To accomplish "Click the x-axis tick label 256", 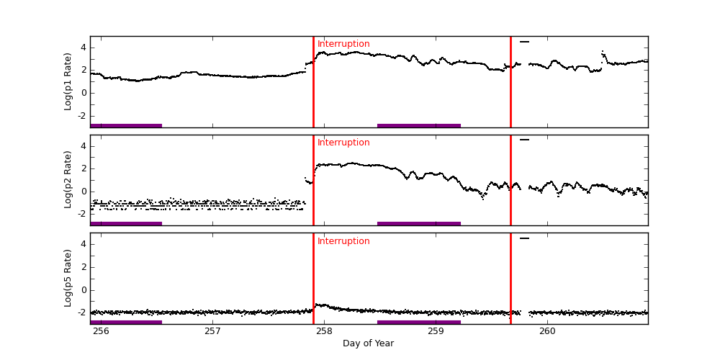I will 101,331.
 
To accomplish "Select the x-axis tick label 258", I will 324,331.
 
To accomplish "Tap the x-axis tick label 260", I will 547,331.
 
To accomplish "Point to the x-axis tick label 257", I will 212,331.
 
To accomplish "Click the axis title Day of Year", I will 368,343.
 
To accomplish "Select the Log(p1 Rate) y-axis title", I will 68,81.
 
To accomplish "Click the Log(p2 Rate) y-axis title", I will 68,179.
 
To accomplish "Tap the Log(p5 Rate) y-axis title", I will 68,278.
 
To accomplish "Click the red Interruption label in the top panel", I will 343,45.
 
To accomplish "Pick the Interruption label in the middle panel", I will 343,143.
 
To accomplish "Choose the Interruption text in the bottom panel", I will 343,242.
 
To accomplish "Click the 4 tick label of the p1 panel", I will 84,48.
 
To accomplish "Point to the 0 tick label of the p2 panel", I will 84,192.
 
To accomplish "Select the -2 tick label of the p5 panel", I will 81,312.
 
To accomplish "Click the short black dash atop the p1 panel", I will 524,42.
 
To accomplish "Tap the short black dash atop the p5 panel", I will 524,238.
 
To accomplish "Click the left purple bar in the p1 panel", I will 126,125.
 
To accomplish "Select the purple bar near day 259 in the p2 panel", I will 418,223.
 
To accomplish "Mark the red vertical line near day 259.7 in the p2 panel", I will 510,180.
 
